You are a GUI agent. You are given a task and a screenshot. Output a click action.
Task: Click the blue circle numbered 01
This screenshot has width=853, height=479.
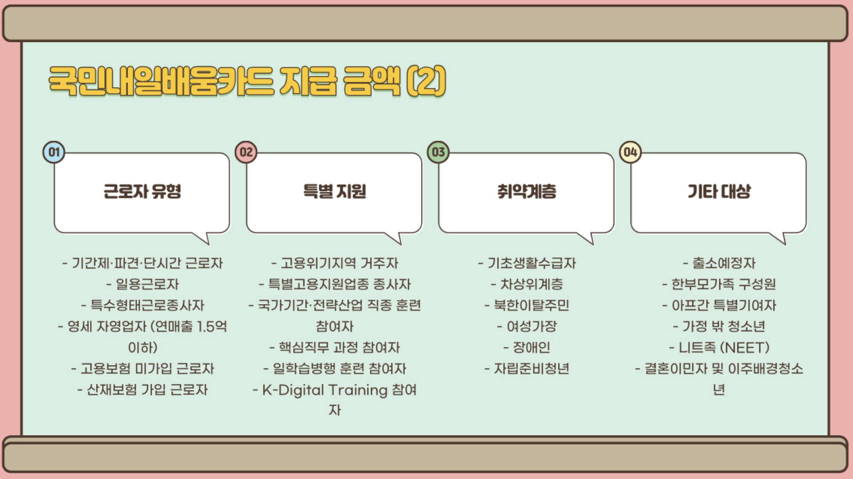(54, 152)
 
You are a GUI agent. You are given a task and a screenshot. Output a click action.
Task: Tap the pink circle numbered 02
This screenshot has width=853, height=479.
(246, 152)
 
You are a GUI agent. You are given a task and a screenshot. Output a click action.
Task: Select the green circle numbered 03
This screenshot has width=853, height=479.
(438, 152)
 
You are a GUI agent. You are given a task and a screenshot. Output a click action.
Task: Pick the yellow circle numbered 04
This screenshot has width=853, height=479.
(630, 152)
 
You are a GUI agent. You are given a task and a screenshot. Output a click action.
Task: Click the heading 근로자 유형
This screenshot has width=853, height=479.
(142, 191)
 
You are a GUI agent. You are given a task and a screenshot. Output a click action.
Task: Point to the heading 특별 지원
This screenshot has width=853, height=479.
(334, 191)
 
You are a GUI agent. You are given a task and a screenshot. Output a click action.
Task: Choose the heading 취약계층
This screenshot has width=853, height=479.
(527, 191)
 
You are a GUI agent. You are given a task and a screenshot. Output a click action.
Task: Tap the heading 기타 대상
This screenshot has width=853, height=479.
(719, 191)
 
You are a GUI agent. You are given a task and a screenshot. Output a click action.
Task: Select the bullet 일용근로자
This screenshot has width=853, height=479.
(147, 284)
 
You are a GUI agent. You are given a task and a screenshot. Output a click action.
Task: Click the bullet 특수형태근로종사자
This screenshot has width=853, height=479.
(147, 305)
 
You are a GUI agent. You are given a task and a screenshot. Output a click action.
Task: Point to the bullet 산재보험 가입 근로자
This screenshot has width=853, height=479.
(147, 390)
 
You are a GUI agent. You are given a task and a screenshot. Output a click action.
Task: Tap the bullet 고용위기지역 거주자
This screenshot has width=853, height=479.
(339, 263)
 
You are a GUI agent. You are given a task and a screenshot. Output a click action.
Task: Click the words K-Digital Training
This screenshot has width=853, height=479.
(324, 390)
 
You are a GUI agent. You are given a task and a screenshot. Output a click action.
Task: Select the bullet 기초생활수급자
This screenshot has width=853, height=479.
(531, 263)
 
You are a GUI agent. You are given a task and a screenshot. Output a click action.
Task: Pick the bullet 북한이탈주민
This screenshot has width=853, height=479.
(531, 305)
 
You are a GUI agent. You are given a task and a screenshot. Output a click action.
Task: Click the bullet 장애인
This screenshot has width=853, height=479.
(531, 348)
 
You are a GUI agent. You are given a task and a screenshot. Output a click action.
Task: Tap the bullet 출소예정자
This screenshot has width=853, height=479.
(724, 263)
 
